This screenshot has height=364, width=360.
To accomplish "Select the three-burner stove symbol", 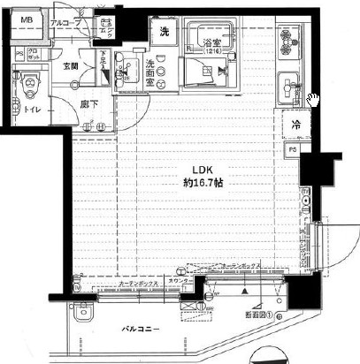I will point(289,42).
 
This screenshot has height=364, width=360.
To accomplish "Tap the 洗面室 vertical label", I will point(149,70).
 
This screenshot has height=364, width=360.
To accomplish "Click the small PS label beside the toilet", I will point(19,54).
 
